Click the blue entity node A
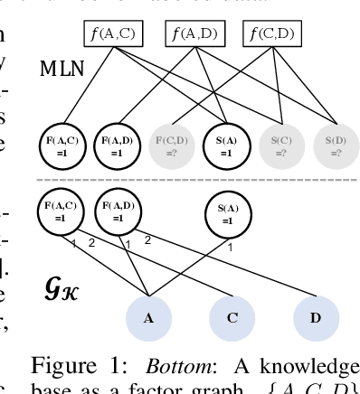tap(148, 317)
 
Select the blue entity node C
tap(232, 317)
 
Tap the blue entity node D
tap(317, 317)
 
